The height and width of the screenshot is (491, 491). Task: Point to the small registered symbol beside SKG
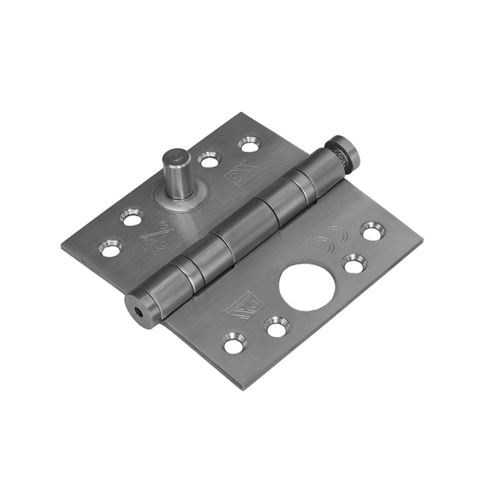[161, 226]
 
